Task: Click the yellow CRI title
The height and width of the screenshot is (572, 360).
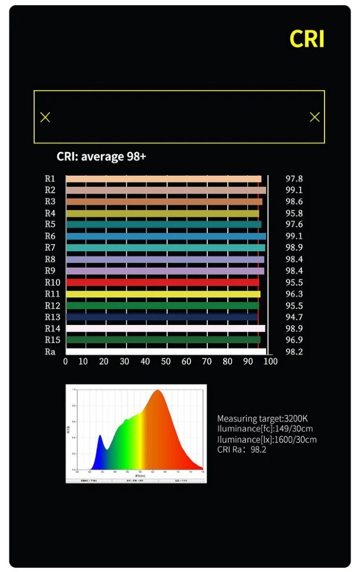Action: (307, 38)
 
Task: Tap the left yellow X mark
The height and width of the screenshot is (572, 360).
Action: (45, 117)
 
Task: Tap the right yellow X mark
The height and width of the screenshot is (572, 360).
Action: (315, 117)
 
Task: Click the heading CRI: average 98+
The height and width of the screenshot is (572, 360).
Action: (101, 157)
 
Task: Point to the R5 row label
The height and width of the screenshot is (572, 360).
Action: (50, 225)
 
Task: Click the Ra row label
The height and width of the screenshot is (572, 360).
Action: (50, 351)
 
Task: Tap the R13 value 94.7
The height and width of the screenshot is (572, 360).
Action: (294, 317)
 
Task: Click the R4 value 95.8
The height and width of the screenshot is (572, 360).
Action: (294, 213)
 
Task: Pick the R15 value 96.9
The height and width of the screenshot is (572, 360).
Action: (294, 340)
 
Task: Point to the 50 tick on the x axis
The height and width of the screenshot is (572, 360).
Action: (166, 361)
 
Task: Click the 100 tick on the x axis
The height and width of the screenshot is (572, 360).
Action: (270, 361)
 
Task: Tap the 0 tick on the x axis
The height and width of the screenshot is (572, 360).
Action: (66, 361)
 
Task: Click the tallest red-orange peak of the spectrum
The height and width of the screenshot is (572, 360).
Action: (157, 392)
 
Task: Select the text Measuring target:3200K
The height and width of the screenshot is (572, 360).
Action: (262, 418)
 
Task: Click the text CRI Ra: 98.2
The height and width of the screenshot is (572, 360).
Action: (242, 450)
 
